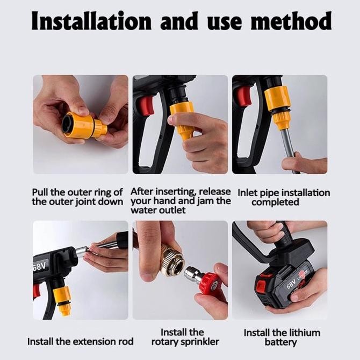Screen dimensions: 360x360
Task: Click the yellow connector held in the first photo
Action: (x=83, y=125)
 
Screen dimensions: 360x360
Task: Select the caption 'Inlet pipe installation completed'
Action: (x=283, y=197)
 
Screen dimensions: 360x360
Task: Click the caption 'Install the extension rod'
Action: (x=81, y=341)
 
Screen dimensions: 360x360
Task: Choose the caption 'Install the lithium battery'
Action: (x=280, y=337)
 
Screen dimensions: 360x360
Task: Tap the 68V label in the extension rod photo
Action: (x=41, y=265)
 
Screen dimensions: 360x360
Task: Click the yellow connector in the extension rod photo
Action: (x=62, y=299)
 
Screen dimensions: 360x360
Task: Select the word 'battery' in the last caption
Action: (x=280, y=342)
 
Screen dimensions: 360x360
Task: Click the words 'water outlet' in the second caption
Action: (x=158, y=210)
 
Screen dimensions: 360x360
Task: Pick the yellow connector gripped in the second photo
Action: (x=183, y=118)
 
